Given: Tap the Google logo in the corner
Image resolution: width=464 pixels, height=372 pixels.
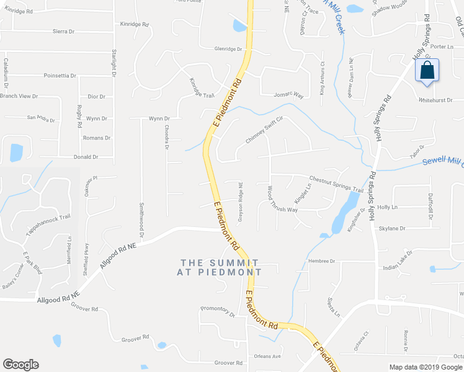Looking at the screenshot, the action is [20, 365].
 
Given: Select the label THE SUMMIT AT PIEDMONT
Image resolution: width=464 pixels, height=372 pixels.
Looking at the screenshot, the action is [220, 267].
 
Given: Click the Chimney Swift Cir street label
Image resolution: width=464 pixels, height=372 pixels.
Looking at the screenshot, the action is [264, 131].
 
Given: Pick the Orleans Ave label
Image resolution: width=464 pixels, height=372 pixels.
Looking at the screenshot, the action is [268, 356].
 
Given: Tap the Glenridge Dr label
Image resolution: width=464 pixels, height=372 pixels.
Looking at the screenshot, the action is [228, 48].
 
